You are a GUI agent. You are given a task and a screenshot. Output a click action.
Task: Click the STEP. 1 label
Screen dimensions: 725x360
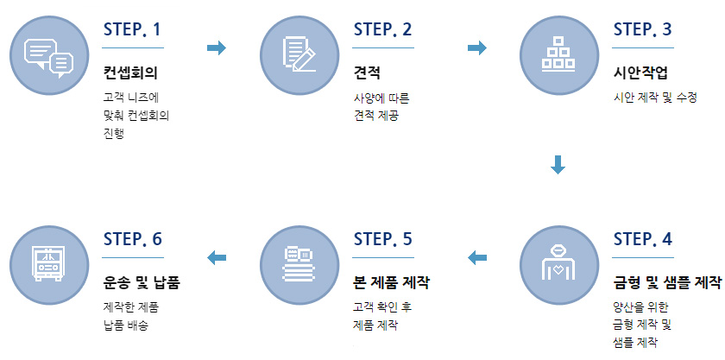point(132,29)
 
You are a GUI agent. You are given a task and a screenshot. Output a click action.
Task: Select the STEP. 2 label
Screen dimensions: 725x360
point(382,29)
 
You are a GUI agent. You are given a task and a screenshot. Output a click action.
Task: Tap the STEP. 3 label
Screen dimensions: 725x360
point(642,29)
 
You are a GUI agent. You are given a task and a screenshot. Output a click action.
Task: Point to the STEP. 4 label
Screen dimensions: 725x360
point(642,239)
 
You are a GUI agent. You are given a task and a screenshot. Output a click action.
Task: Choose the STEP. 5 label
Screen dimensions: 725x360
point(382,239)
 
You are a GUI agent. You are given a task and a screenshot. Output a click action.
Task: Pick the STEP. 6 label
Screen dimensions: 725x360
point(132,239)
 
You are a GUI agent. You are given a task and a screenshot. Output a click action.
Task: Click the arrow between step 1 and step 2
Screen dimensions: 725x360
point(217,47)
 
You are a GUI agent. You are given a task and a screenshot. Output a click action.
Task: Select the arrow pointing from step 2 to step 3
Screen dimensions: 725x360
point(476,47)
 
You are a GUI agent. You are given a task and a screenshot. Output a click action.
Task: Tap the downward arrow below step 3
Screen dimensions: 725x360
point(558,164)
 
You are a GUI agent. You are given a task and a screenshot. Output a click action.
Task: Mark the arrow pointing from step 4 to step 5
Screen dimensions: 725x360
point(476,256)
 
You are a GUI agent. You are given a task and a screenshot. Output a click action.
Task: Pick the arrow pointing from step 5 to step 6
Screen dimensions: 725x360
point(217,256)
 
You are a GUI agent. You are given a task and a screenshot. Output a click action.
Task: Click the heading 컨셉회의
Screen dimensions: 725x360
point(129,73)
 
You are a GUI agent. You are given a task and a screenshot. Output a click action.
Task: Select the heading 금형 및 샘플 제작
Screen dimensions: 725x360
point(666,282)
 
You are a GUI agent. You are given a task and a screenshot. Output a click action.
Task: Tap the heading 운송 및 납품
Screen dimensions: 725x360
point(147,282)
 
